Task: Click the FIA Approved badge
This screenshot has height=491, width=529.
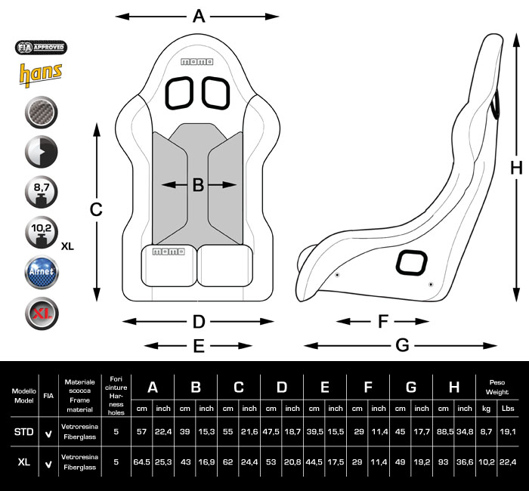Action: tap(42, 48)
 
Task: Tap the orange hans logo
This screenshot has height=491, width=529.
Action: tap(40, 74)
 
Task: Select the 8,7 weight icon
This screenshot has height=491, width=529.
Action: tap(42, 192)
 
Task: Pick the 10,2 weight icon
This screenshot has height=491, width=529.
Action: tap(42, 233)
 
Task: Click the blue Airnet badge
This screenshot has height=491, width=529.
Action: tap(42, 272)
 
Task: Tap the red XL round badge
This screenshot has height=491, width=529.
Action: tap(42, 313)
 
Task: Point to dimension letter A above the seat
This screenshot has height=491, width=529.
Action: tap(199, 16)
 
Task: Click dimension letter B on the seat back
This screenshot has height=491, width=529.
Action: tap(198, 184)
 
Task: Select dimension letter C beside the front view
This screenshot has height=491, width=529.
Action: tap(96, 210)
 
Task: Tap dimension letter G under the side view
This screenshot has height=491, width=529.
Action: tap(402, 345)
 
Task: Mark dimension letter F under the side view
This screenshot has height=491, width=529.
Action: tap(382, 322)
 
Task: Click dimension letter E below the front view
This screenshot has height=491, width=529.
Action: tap(199, 346)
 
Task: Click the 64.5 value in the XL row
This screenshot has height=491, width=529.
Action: tap(141, 462)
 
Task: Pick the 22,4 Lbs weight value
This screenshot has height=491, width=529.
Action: tap(508, 462)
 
